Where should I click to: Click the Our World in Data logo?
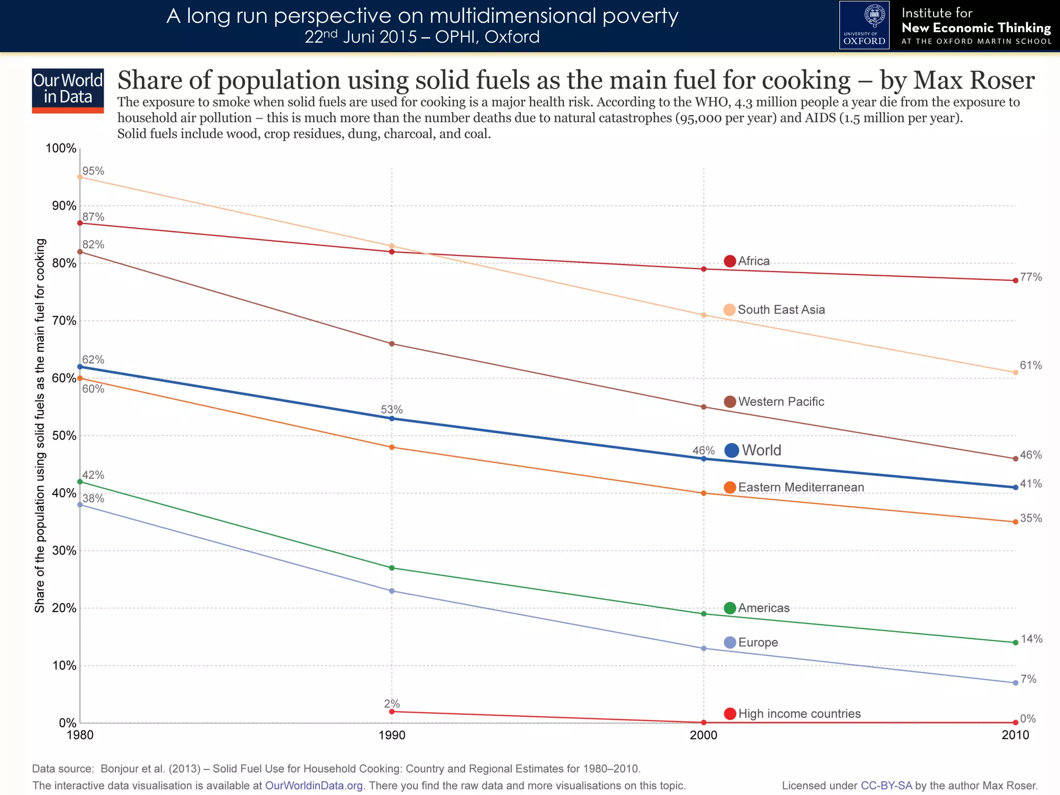pyautogui.click(x=68, y=90)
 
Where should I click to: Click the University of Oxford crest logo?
pyautogui.click(x=864, y=25)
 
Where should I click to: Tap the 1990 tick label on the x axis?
pyautogui.click(x=392, y=735)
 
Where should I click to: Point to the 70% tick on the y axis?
pyautogui.click(x=64, y=321)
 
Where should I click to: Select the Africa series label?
pyautogui.click(x=754, y=261)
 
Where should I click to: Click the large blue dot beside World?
pyautogui.click(x=731, y=450)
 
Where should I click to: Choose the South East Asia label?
pyautogui.click(x=781, y=310)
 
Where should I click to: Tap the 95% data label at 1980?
pyautogui.click(x=93, y=171)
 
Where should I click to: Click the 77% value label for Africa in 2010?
pyautogui.click(x=1030, y=277)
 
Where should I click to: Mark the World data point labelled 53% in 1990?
pyautogui.click(x=392, y=418)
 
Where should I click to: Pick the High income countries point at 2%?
pyautogui.click(x=392, y=712)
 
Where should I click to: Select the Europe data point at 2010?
pyautogui.click(x=1015, y=683)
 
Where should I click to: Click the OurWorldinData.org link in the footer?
pyautogui.click(x=314, y=786)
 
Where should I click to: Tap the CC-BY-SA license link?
pyautogui.click(x=886, y=786)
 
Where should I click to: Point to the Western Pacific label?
pyautogui.click(x=781, y=402)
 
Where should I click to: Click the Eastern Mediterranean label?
pyautogui.click(x=801, y=488)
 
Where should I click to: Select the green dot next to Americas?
pyautogui.click(x=730, y=608)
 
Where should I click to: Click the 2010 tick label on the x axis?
pyautogui.click(x=1015, y=735)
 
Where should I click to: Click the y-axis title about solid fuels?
pyautogui.click(x=40, y=425)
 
